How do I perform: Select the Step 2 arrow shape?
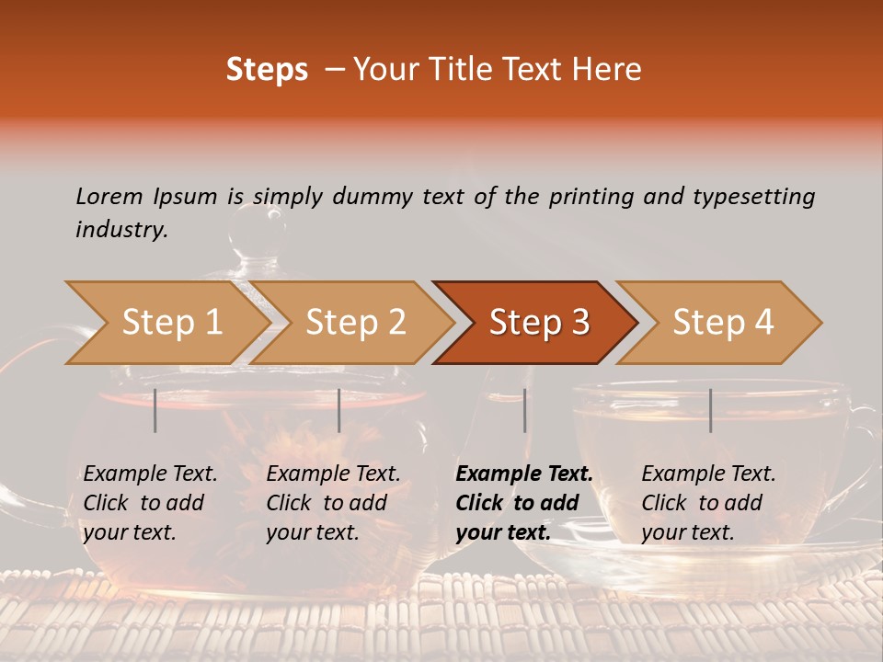point(355,323)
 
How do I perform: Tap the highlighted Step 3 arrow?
point(538,323)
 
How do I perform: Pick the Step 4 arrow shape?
point(723,323)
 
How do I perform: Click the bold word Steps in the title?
point(267,70)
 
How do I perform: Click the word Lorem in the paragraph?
point(109,196)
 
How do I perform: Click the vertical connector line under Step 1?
point(155,410)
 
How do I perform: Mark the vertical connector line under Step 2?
point(339,410)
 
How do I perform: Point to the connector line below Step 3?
point(524,410)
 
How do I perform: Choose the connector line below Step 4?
point(710,410)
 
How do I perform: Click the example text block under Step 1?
point(150,503)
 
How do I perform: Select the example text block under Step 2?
point(333,503)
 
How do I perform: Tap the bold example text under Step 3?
point(524,503)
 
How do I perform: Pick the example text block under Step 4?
point(708,503)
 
